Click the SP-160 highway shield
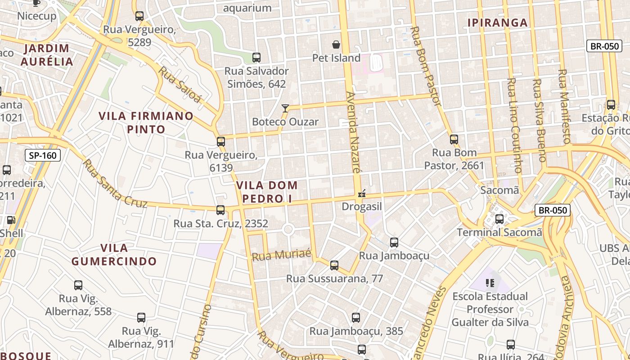tap(43, 156)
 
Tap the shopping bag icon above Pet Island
tap(336, 44)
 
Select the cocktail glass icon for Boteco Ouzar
tap(285, 108)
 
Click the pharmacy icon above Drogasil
tap(361, 194)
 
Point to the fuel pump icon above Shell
tap(10, 220)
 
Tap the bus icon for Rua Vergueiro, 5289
tap(139, 16)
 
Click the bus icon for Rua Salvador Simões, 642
tap(256, 58)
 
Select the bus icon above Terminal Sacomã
tap(499, 219)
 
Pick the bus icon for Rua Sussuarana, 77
tap(334, 265)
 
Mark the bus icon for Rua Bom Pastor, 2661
tap(454, 139)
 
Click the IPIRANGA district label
tap(497, 22)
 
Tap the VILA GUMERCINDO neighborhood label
tap(114, 255)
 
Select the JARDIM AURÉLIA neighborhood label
tap(47, 55)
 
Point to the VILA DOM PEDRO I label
tap(267, 192)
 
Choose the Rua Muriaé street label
tap(282, 255)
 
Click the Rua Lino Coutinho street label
tap(514, 126)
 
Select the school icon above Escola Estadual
tap(490, 283)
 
